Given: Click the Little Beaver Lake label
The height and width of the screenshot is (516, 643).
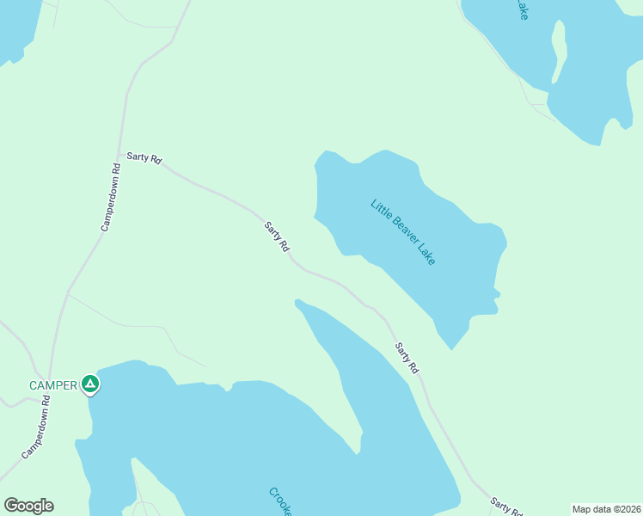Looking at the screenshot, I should tap(403, 232).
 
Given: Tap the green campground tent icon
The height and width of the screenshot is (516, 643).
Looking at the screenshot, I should tap(90, 384).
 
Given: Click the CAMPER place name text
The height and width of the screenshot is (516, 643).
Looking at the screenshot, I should tap(53, 385).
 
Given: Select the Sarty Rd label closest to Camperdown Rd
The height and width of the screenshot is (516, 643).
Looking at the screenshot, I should tap(144, 157).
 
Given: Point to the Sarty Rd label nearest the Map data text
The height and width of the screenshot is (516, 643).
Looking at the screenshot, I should tap(506, 507).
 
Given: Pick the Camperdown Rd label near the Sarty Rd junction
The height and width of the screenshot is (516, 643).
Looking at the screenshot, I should tap(109, 195).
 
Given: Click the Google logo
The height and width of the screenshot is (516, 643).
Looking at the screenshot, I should tap(28, 506).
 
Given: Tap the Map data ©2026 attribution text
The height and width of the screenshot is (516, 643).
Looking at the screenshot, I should tap(606, 509).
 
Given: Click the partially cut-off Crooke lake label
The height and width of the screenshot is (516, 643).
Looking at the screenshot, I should tap(280, 501).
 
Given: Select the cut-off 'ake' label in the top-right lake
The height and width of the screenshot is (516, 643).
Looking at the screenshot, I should tap(521, 10).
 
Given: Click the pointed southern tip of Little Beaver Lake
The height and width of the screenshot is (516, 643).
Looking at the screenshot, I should tap(451, 348).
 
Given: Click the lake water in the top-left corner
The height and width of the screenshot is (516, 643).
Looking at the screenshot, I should tap(15, 26).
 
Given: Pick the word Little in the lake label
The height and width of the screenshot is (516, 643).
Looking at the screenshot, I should tap(380, 209).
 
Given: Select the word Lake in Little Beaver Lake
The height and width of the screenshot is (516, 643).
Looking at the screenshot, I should tap(426, 255).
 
